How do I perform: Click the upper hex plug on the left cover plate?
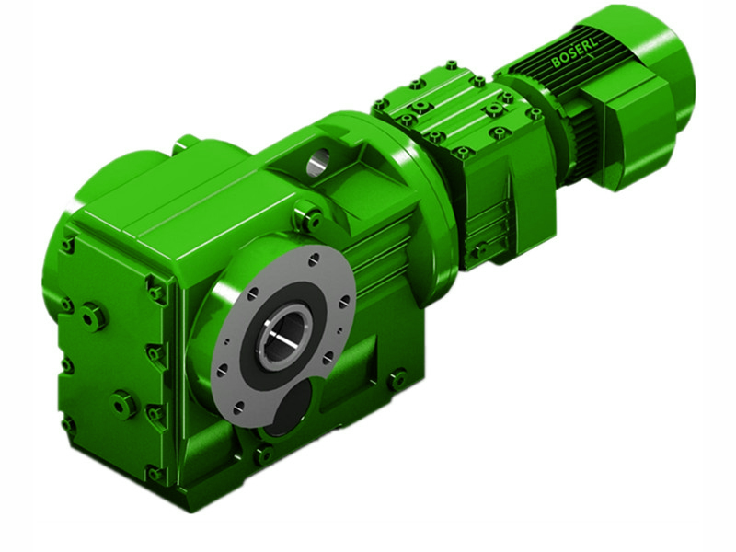pyautogui.click(x=94, y=316)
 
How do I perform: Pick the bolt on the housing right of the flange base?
pyautogui.click(x=397, y=378)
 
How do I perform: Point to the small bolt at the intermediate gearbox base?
pyautogui.click(x=479, y=250)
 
